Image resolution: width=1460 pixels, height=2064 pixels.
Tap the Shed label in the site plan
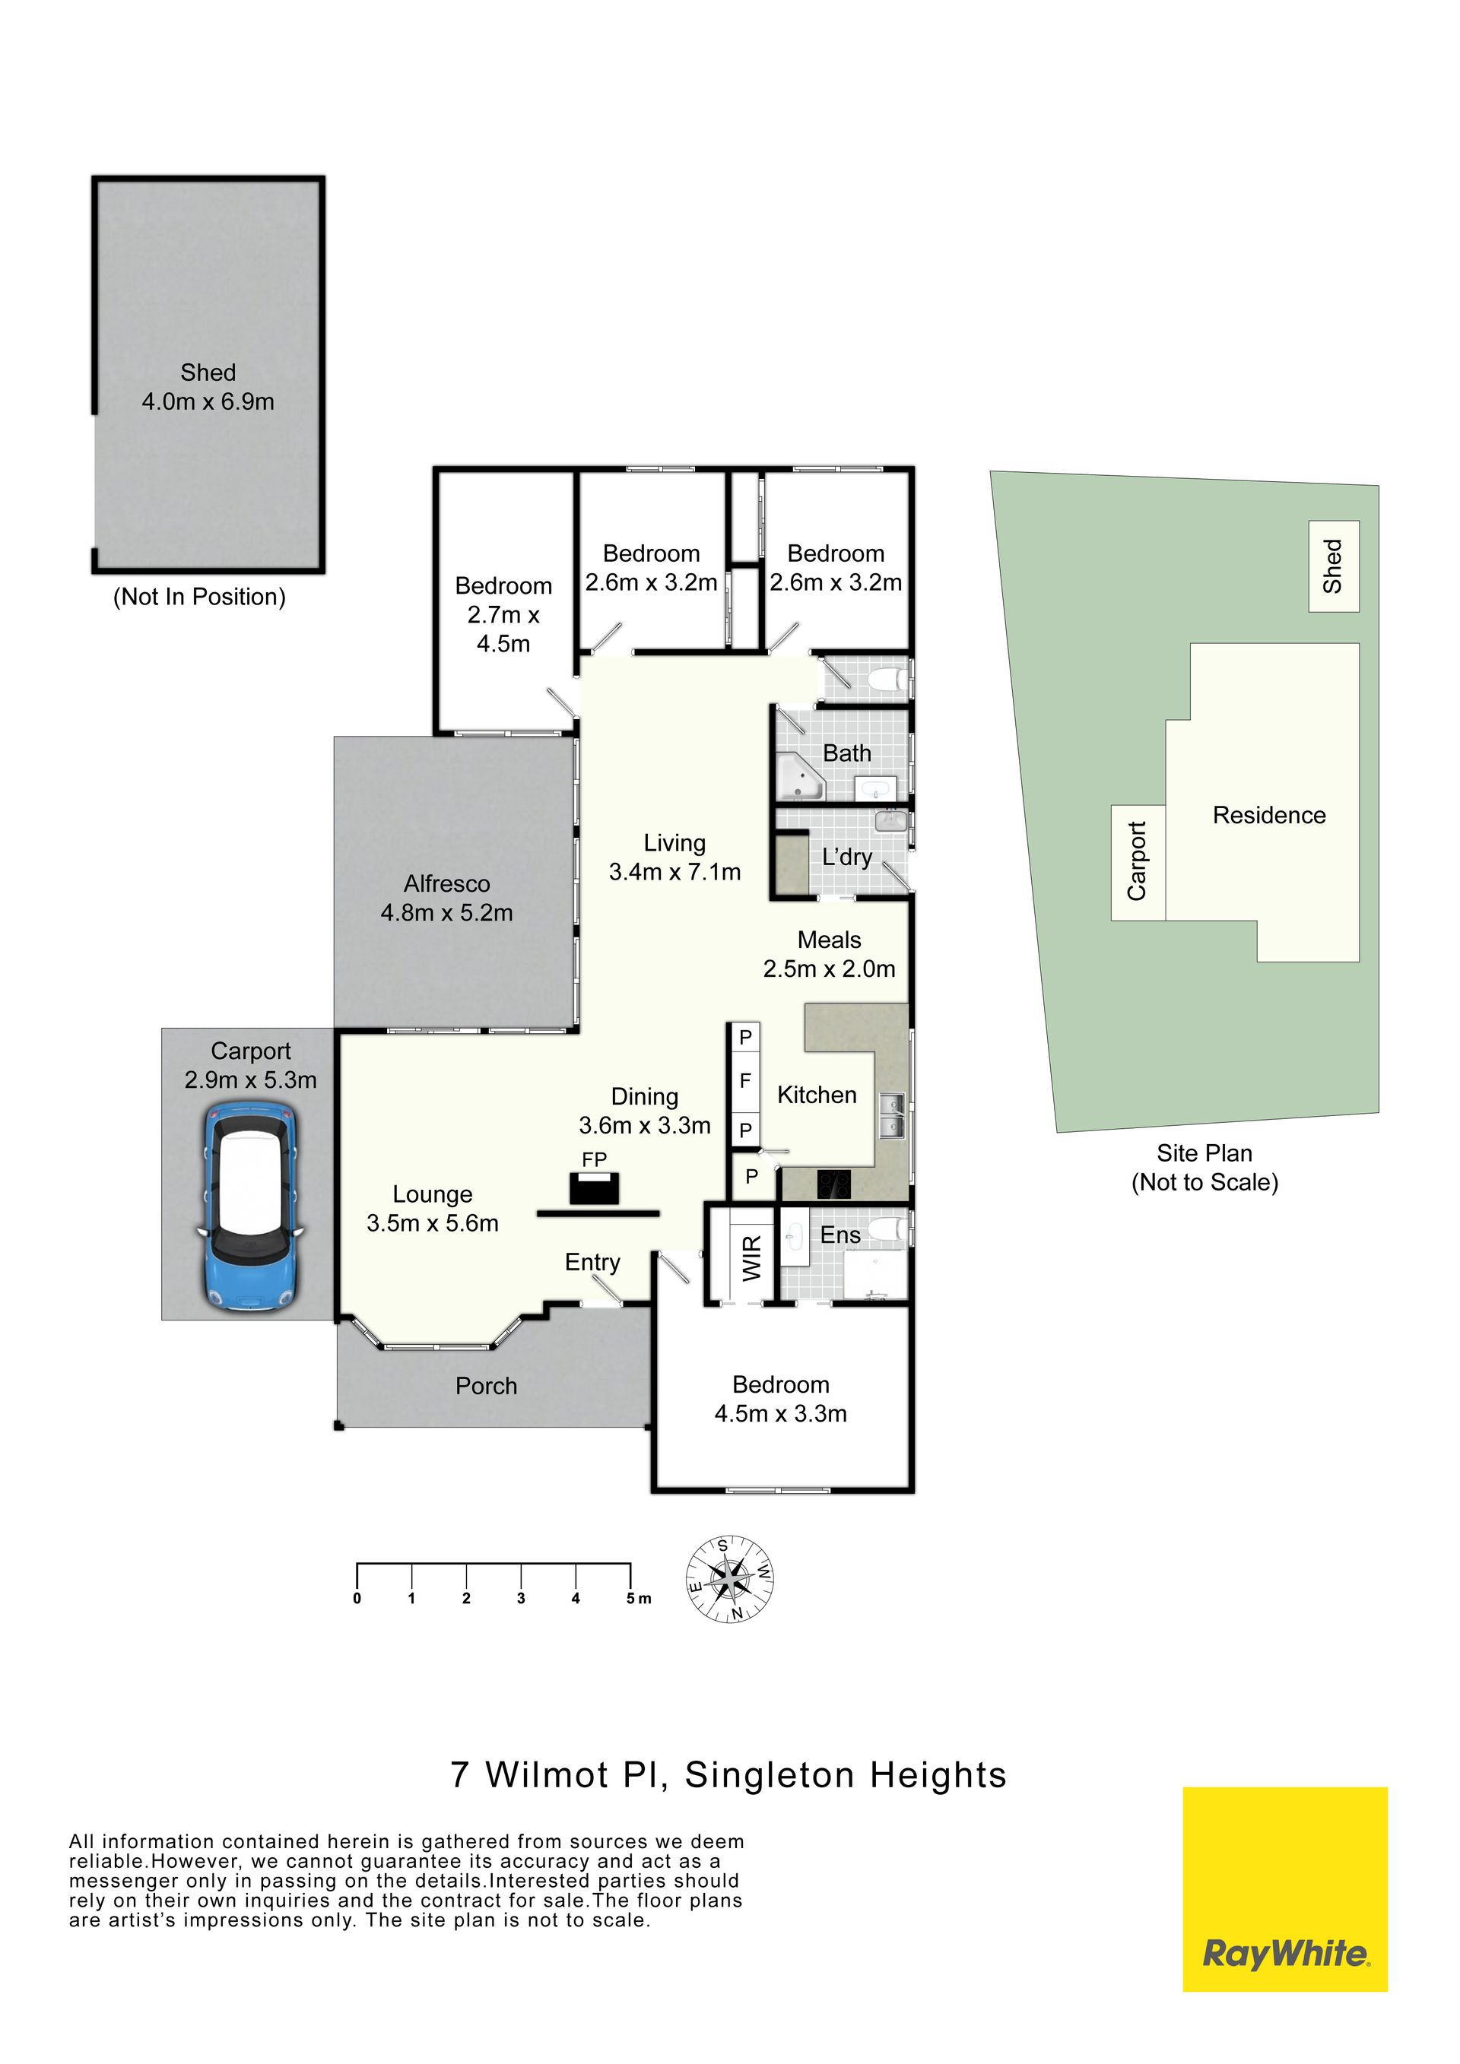[x=1332, y=566]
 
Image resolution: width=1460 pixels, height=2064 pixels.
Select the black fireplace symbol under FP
[x=594, y=1188]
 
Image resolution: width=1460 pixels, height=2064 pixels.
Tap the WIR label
[x=751, y=1257]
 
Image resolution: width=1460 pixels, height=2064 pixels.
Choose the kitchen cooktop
[x=833, y=1184]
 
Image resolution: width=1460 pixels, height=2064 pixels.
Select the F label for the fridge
[x=745, y=1082]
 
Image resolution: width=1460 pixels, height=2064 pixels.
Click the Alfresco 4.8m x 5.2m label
[x=447, y=898]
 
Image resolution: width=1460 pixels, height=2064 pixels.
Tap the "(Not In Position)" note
[x=199, y=597]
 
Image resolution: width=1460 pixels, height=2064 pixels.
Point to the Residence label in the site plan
[x=1269, y=816]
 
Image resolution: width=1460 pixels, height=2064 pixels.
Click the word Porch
[x=487, y=1386]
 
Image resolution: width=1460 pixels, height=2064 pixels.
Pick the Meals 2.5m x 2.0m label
[x=829, y=954]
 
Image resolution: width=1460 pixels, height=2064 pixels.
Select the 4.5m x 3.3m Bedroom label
[x=780, y=1399]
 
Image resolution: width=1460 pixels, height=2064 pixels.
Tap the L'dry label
[x=847, y=857]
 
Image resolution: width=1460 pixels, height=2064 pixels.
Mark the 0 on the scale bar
[x=357, y=1598]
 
